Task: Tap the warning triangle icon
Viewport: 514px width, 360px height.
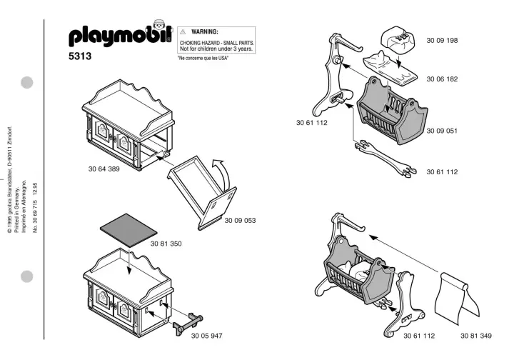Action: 183,33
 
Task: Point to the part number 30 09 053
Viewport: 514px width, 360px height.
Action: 241,220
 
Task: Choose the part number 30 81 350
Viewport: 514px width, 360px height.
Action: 166,244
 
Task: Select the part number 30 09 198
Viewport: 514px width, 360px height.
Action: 442,40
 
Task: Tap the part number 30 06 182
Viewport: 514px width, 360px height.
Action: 442,79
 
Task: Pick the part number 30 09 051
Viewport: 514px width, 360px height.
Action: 442,131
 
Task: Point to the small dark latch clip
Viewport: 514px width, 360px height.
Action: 187,324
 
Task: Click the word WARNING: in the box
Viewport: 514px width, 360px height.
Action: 205,33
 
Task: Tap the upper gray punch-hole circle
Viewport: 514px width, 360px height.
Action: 27,82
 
